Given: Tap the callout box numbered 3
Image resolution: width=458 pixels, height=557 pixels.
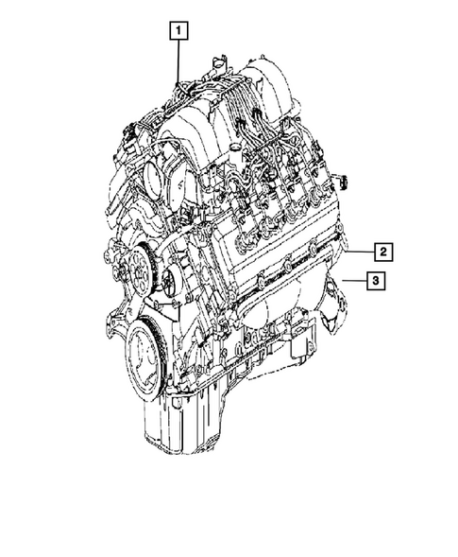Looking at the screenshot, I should (x=375, y=281).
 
